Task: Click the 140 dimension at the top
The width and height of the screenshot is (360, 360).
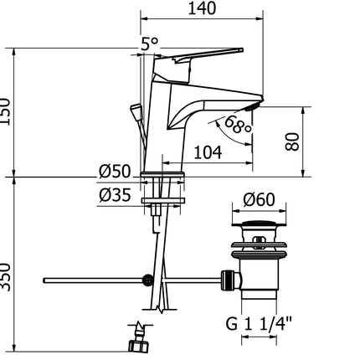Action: click(203, 10)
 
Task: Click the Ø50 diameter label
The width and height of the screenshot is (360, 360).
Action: click(117, 172)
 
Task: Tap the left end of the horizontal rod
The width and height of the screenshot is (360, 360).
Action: click(45, 278)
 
